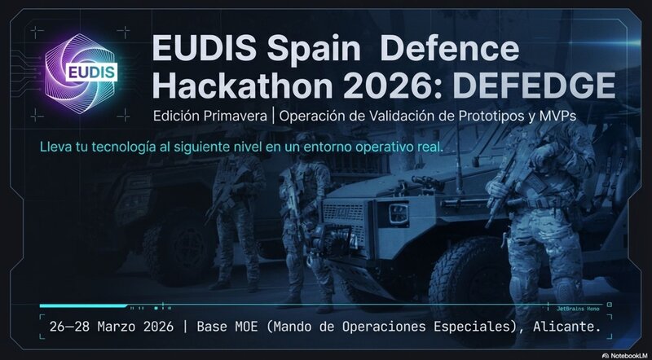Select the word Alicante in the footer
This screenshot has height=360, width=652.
565,327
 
